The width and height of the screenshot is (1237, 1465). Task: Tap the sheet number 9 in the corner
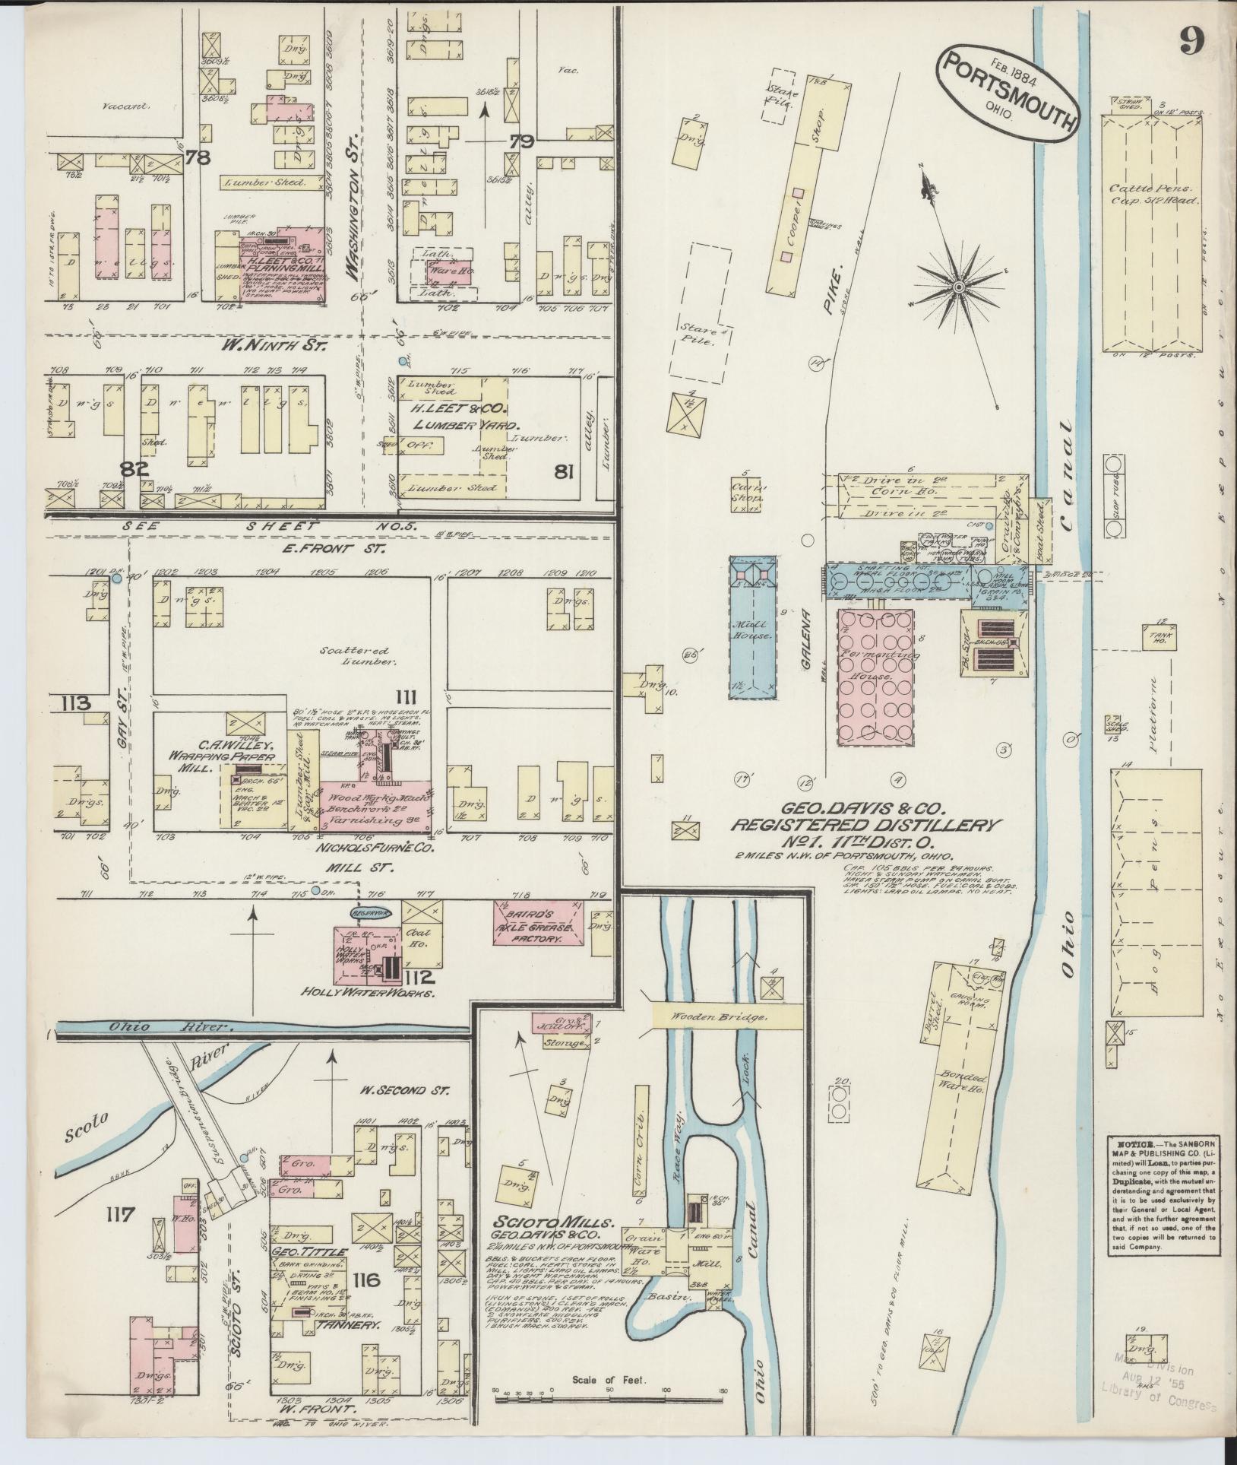pos(1191,41)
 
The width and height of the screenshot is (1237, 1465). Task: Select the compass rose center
pos(959,287)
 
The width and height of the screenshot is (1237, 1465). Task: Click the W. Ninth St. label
pos(273,346)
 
